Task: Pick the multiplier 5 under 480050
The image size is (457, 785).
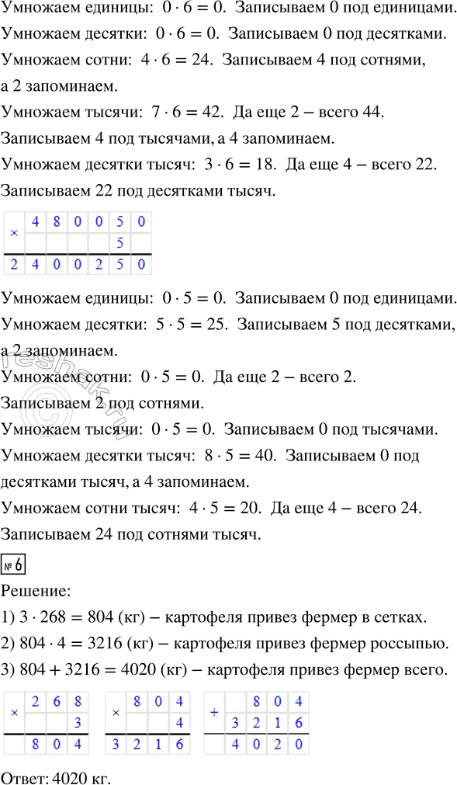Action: pyautogui.click(x=120, y=243)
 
